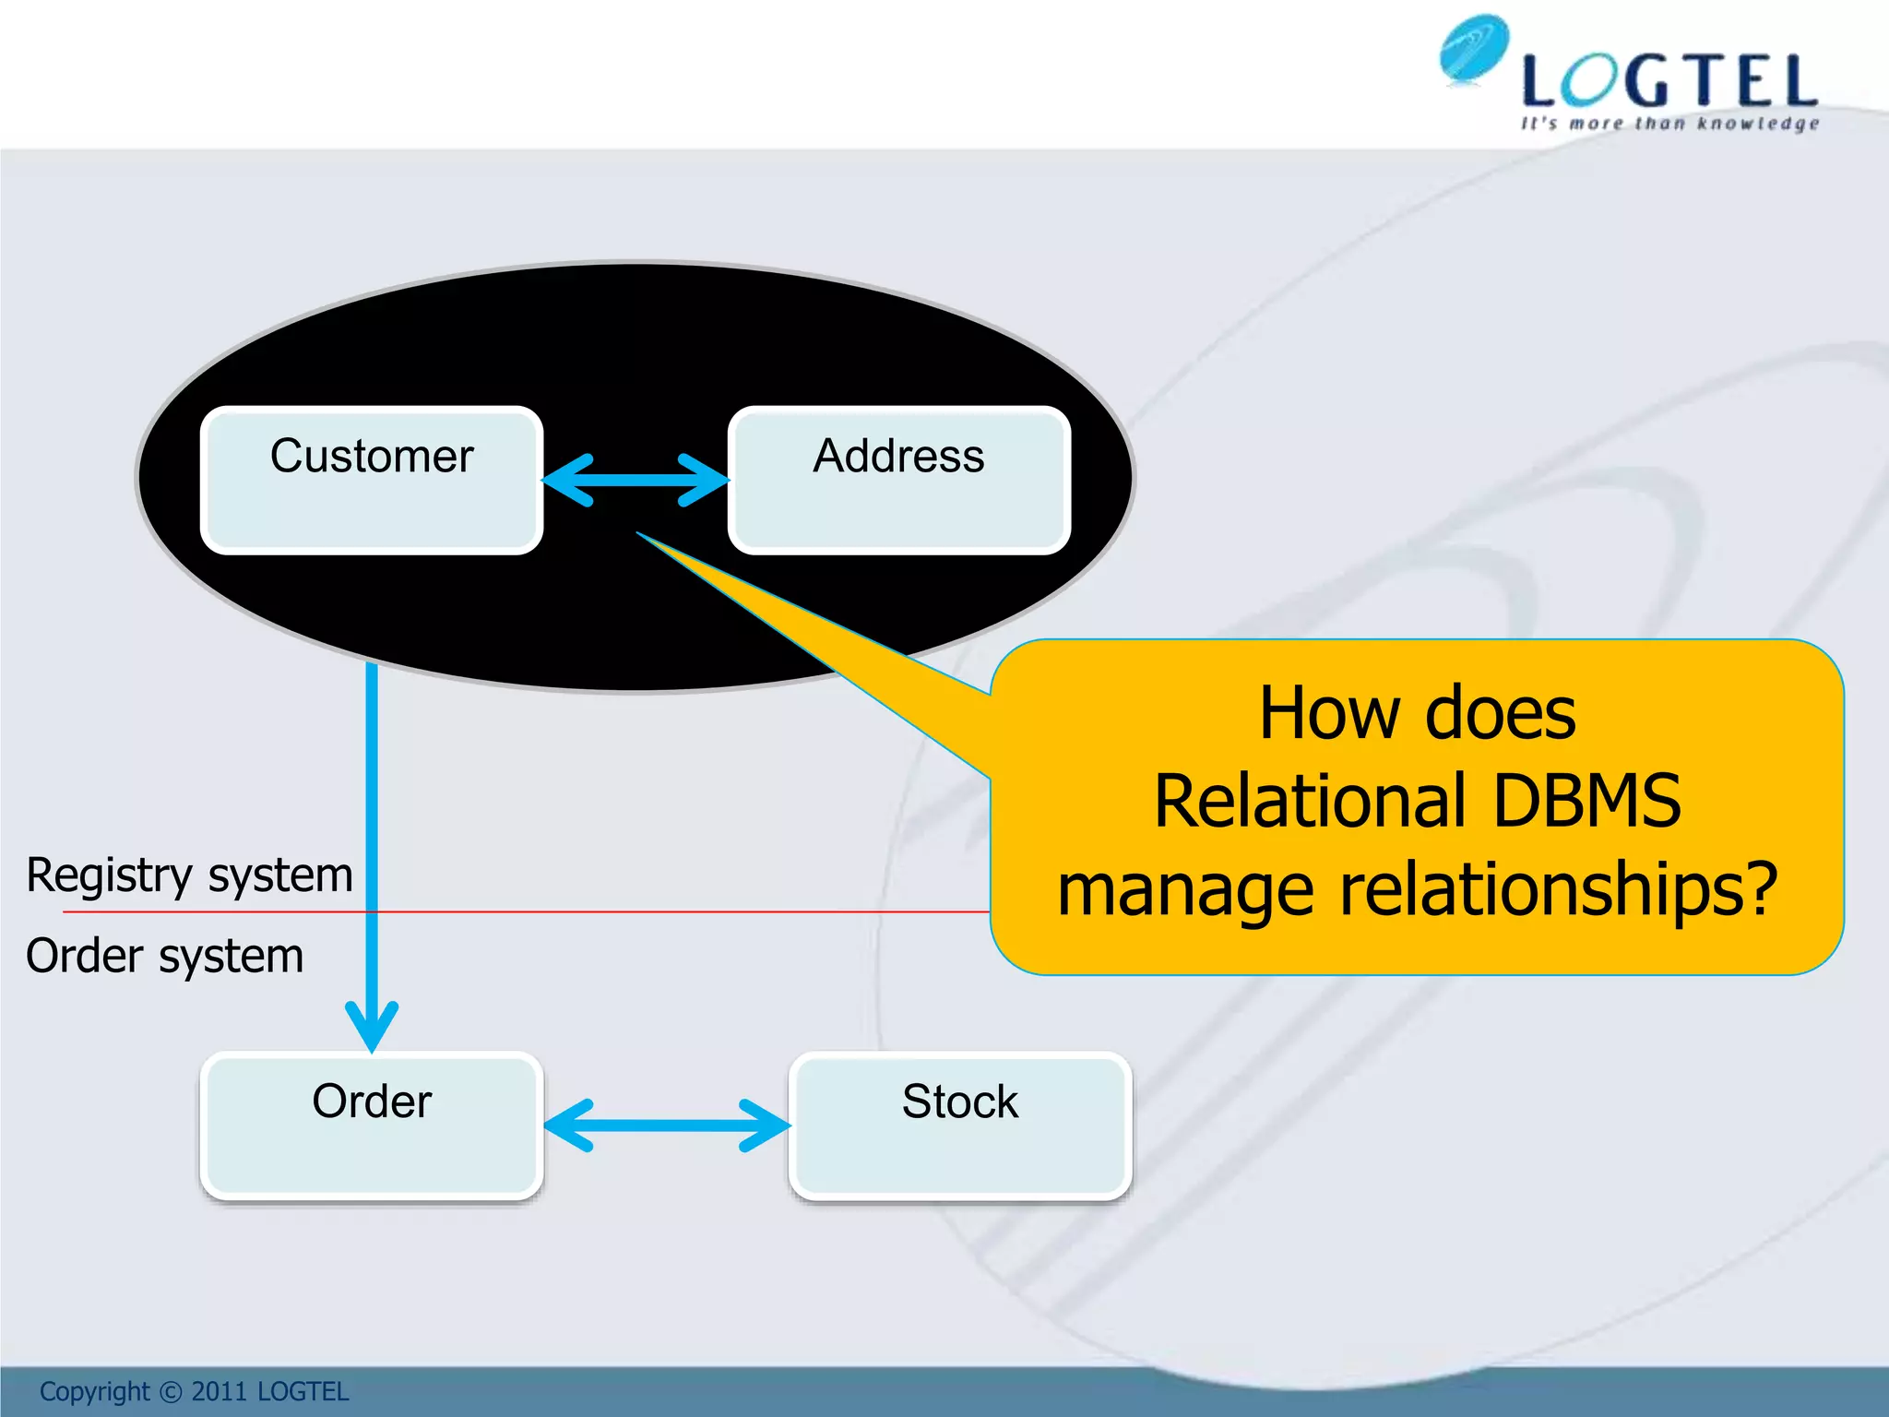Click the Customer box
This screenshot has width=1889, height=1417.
(x=371, y=480)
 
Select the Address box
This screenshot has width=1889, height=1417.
(x=898, y=480)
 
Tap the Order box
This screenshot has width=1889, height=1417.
(x=371, y=1125)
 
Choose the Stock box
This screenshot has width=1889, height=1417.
(x=959, y=1125)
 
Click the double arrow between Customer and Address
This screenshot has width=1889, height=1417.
(x=636, y=480)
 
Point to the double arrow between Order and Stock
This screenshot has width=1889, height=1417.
(x=667, y=1125)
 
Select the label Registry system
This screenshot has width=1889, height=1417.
(x=189, y=875)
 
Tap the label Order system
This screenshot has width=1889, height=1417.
(x=164, y=956)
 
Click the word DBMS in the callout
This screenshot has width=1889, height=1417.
(x=1586, y=801)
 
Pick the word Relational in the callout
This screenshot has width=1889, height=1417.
(x=1310, y=801)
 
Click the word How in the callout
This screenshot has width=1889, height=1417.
(x=1329, y=713)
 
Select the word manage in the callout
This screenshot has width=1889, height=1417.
(x=1185, y=890)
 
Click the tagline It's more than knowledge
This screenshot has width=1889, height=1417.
(x=1669, y=124)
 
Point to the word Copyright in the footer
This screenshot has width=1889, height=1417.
(x=94, y=1391)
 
